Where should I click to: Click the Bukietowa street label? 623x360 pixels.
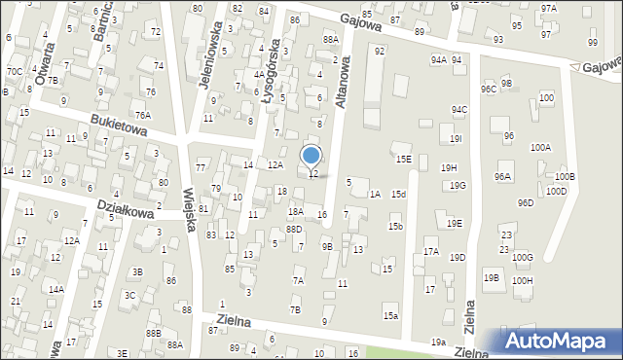120,127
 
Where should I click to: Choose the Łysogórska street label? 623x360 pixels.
275,61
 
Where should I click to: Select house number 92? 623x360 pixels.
380,51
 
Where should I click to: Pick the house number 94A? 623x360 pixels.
438,60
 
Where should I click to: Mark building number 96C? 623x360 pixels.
488,89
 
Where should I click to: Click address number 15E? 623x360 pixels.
402,159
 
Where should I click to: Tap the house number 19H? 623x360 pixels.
448,168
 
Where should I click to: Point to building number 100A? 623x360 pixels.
540,147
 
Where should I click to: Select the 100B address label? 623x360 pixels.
565,177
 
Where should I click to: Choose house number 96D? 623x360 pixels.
526,203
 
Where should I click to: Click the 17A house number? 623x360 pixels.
431,252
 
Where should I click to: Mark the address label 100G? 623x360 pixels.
523,257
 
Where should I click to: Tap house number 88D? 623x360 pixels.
293,230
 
